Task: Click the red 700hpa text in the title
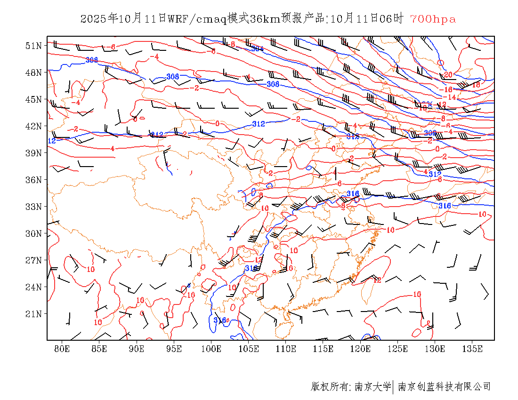point(433,19)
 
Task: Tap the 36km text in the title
point(265,19)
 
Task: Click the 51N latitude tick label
point(34,46)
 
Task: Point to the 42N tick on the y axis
point(34,126)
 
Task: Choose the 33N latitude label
point(34,207)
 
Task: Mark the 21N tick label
point(34,314)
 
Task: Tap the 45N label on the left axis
point(34,99)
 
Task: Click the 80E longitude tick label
point(62,349)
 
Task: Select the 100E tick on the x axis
point(211,349)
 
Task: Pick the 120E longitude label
point(360,349)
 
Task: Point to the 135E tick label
point(472,349)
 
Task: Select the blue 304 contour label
point(257,48)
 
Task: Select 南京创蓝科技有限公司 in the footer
point(444,387)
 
